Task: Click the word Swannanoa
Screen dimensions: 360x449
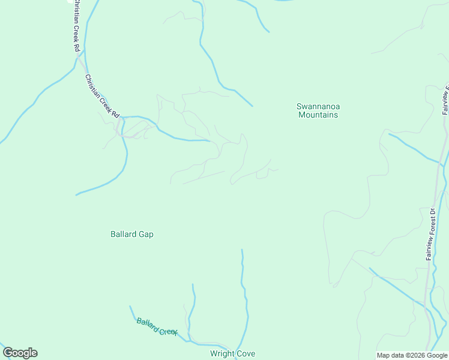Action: tap(318, 107)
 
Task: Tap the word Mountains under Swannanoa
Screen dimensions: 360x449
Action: tap(318, 115)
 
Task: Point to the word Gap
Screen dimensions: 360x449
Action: tap(146, 234)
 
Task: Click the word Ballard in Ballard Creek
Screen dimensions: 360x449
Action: tap(147, 325)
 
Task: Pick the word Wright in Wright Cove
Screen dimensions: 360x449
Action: tap(222, 353)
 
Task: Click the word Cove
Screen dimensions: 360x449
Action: tap(246, 353)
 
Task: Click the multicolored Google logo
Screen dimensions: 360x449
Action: tap(20, 353)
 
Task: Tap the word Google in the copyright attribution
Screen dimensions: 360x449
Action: tap(436, 355)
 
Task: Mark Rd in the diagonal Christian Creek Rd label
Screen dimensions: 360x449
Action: tap(116, 115)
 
